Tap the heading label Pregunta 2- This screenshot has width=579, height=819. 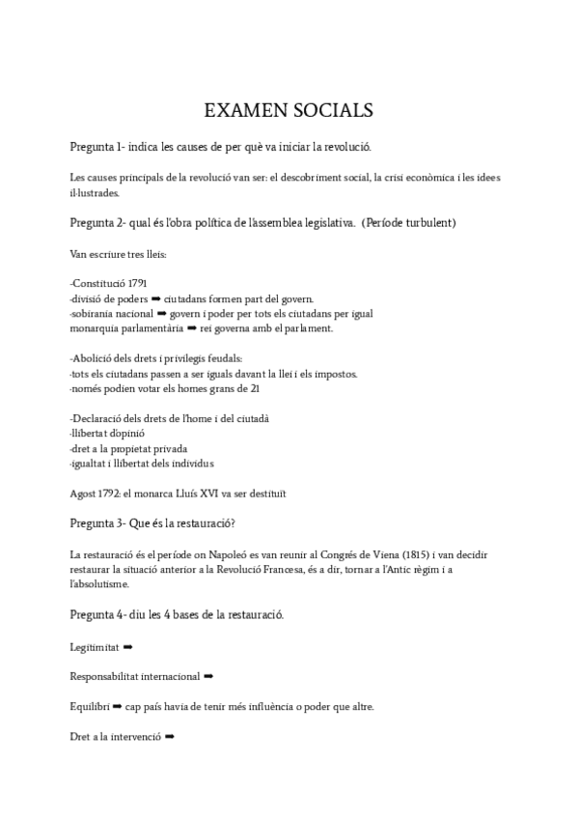coord(97,223)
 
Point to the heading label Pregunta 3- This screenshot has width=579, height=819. coord(97,524)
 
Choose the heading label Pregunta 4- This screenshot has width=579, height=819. coord(97,614)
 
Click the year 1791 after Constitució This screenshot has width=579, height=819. coord(137,283)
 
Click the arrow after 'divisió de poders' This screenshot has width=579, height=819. coord(155,298)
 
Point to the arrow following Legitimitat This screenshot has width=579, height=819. coord(128,645)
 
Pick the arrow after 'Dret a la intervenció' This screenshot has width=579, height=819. coord(170,736)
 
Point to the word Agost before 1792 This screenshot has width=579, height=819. coord(85,494)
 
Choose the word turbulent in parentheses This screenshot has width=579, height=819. coord(425,223)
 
